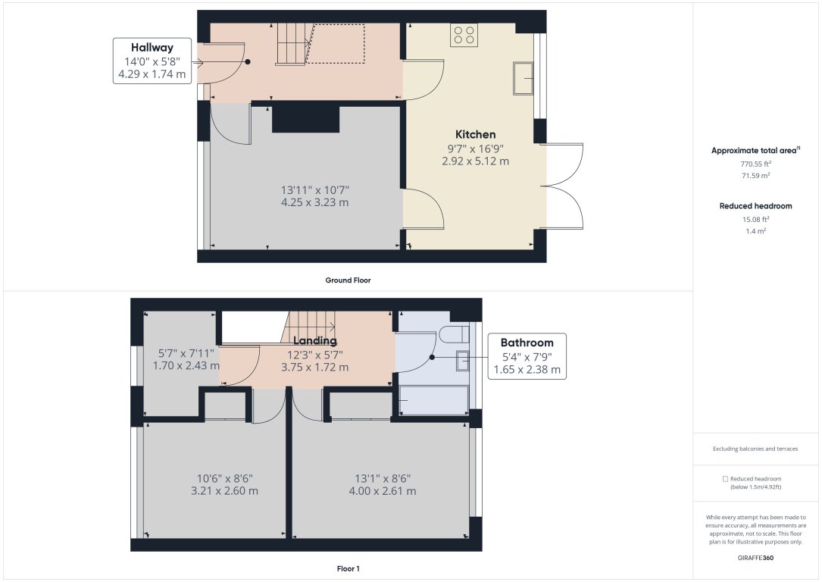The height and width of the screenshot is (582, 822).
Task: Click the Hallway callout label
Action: (x=152, y=48)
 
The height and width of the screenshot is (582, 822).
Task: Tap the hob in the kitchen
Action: (x=464, y=35)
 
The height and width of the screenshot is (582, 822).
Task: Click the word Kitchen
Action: (x=475, y=134)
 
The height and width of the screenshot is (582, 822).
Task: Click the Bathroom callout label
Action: (x=527, y=343)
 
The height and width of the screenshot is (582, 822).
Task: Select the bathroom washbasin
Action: (x=463, y=361)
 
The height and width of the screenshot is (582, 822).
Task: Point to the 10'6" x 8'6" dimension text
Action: (x=224, y=478)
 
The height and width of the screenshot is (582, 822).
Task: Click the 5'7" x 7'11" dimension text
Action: (x=186, y=352)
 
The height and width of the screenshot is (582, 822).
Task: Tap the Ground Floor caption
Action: (x=348, y=280)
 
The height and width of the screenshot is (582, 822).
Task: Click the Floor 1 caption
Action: (x=348, y=568)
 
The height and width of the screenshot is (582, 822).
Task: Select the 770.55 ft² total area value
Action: (x=755, y=164)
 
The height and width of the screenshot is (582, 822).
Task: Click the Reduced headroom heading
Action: (x=755, y=205)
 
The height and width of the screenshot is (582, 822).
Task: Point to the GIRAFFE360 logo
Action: (x=755, y=558)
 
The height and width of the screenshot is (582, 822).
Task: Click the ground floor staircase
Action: (x=292, y=43)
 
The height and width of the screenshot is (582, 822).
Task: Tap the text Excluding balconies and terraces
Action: (x=755, y=449)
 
